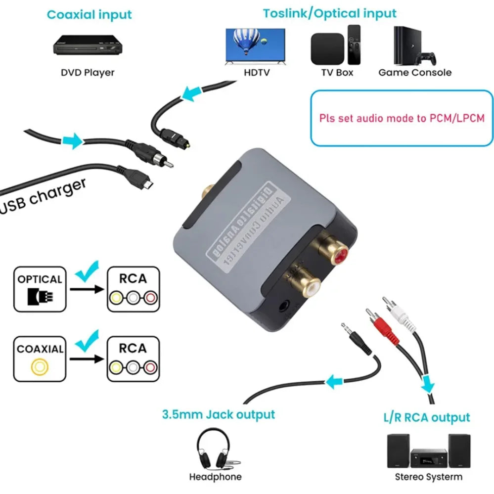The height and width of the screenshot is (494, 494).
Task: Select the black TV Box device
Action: [327, 48]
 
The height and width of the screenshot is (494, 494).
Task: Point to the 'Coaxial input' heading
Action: [90, 14]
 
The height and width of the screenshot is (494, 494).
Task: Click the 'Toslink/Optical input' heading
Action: [329, 13]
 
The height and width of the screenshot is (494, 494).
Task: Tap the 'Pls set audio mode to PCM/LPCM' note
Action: [402, 118]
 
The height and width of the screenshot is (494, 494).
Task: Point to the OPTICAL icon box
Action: [40, 289]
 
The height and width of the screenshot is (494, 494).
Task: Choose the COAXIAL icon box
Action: [40, 359]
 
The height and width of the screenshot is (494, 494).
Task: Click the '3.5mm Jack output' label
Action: [218, 414]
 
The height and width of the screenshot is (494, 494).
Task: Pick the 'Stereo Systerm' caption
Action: [429, 477]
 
